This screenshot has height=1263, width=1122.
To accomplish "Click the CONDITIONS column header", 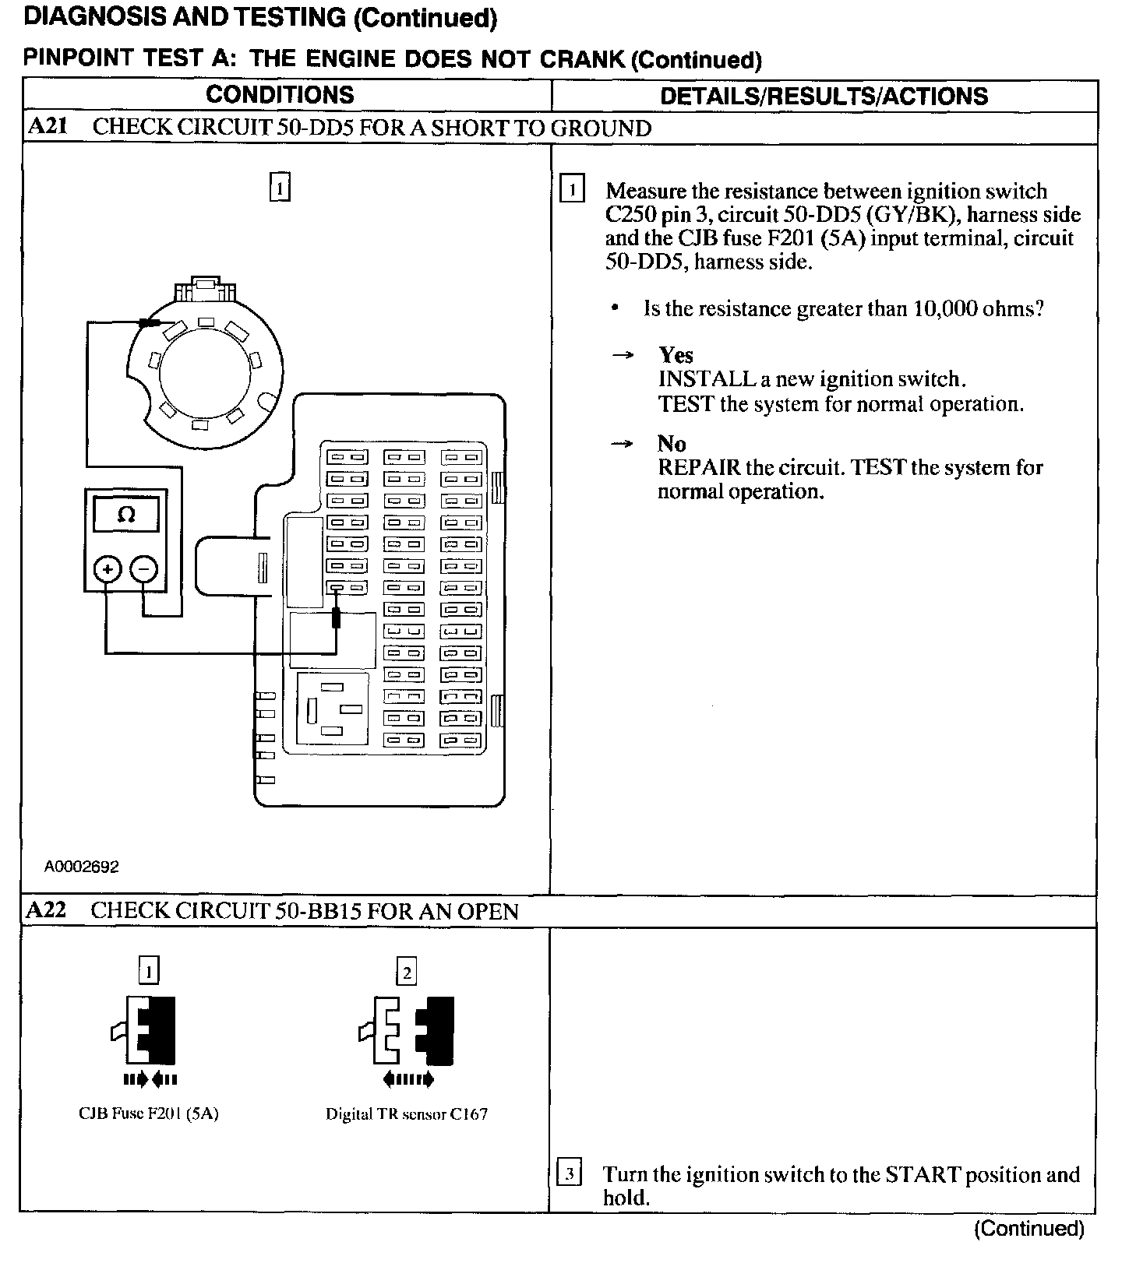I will (280, 95).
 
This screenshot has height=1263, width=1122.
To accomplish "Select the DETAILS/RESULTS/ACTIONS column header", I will (824, 97).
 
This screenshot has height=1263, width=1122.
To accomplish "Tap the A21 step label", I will (47, 127).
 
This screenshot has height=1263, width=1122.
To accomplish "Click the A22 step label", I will (47, 910).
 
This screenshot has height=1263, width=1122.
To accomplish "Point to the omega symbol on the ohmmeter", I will (125, 515).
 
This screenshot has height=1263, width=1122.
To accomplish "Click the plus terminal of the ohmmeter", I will (108, 570).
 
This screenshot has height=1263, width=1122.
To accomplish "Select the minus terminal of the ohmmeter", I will (143, 570).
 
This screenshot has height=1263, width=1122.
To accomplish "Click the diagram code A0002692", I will (82, 867).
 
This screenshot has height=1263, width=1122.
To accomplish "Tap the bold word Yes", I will (676, 355).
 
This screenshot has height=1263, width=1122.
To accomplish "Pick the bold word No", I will (672, 444).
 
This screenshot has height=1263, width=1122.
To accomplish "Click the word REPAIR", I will (699, 468).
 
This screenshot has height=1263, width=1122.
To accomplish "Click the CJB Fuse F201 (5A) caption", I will (149, 1113).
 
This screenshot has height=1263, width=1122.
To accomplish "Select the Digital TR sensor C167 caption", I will (407, 1114).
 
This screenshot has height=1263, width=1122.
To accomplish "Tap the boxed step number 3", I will (570, 1173).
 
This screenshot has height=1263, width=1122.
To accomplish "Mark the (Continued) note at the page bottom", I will (1028, 1229).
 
